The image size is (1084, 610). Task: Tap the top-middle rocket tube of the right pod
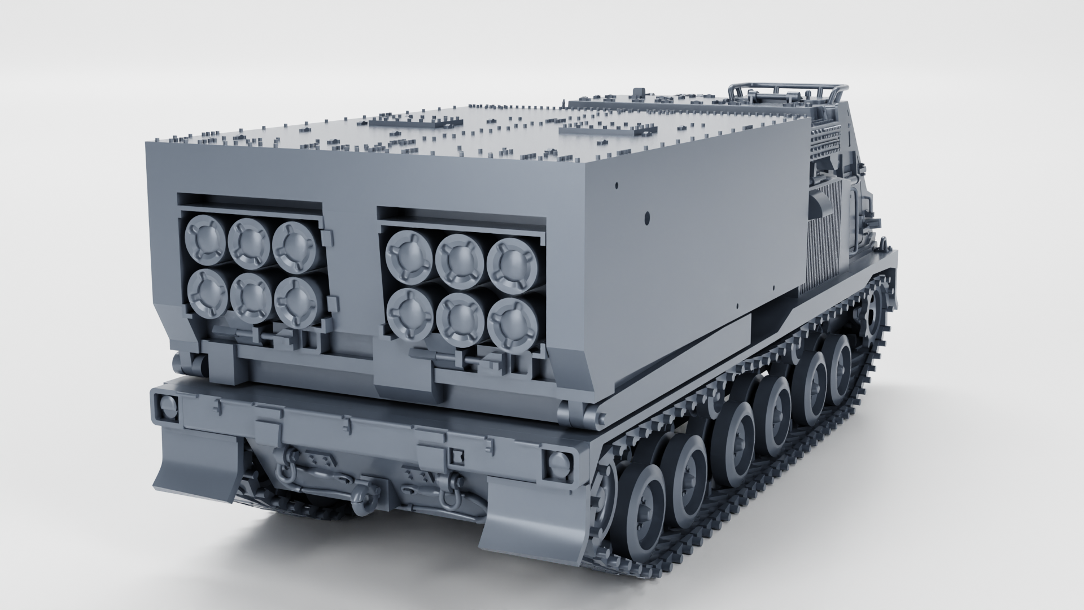point(460,258)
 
